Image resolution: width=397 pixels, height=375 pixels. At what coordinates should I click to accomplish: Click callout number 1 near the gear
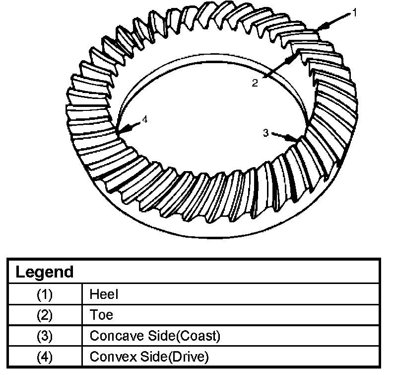tap(354, 12)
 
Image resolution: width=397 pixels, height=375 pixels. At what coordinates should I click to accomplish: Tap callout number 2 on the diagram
tap(255, 83)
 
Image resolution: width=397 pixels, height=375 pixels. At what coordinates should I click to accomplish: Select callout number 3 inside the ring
tap(266, 132)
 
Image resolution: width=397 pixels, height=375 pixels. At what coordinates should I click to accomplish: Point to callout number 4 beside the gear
tap(144, 119)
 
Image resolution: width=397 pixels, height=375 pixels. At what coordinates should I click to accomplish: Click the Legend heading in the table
tap(44, 272)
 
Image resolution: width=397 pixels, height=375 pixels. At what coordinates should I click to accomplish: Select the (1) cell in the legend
tap(44, 294)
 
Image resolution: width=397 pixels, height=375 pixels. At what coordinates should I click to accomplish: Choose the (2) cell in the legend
tap(44, 315)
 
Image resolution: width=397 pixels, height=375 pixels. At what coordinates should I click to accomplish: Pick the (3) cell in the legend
tap(44, 336)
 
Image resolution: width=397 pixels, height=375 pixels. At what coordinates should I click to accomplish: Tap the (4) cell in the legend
tap(44, 357)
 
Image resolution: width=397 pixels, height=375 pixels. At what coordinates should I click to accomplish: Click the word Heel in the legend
tap(104, 294)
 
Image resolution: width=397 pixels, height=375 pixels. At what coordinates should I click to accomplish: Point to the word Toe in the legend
tap(101, 315)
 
